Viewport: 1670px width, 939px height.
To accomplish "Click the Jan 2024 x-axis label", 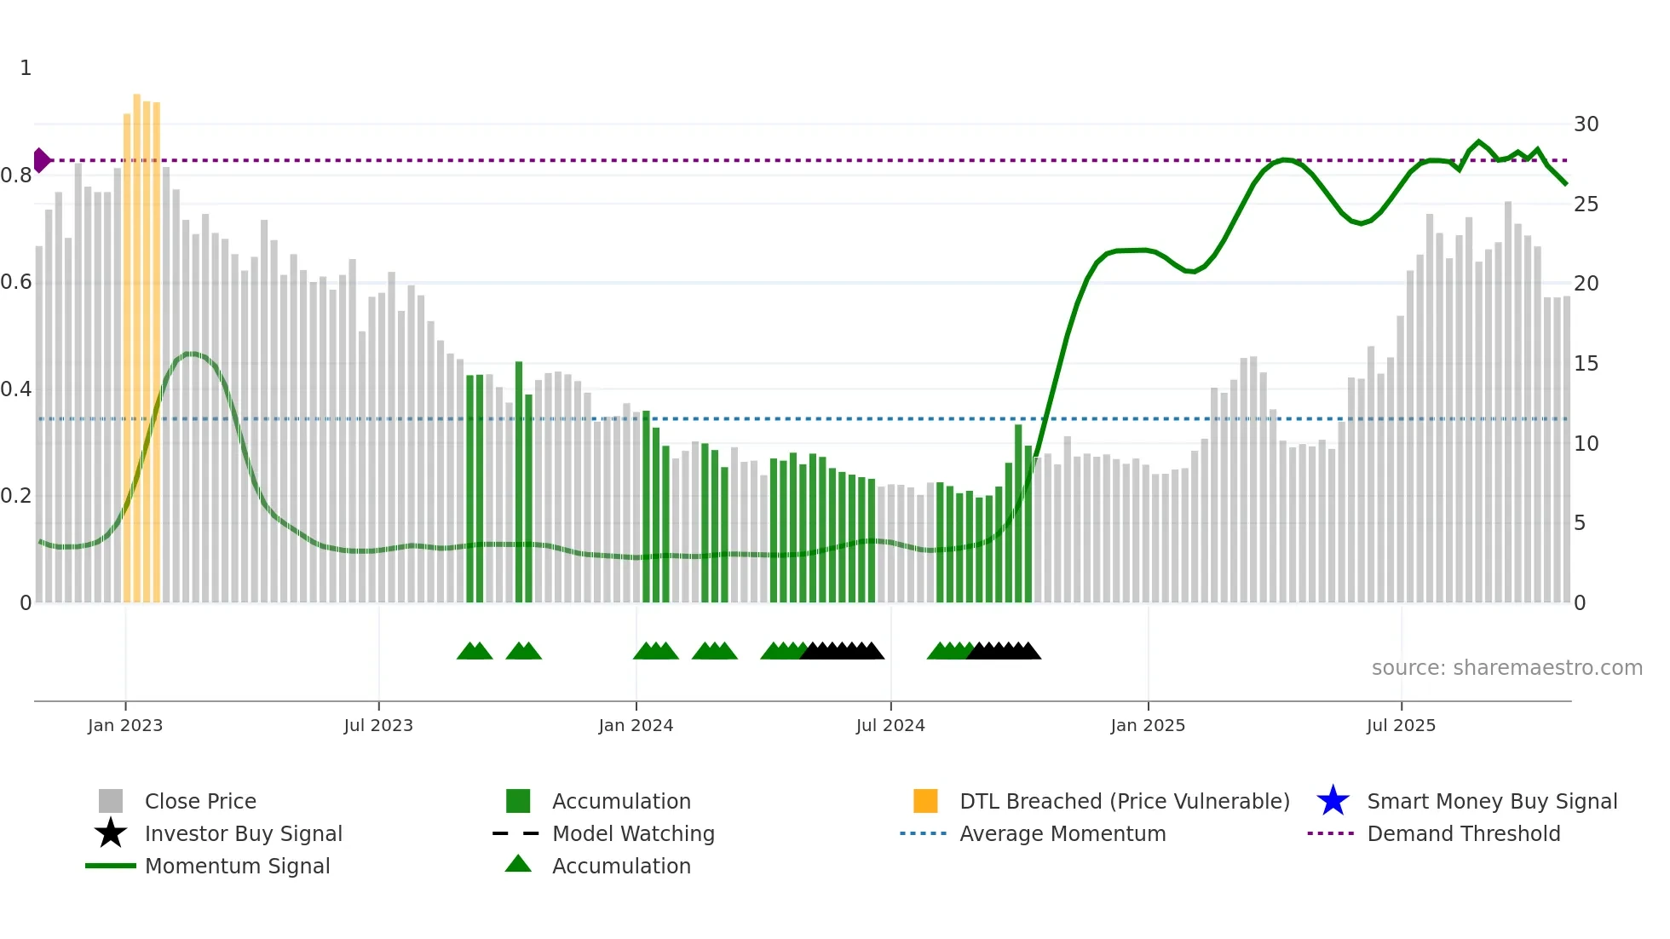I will click(636, 725).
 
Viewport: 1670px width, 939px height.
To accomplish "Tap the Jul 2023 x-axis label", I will click(378, 725).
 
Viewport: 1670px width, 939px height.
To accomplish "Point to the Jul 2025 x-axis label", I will click(1401, 725).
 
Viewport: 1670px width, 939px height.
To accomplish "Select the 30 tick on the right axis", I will click(1586, 124).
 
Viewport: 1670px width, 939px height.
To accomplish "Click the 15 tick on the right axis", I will click(1586, 364).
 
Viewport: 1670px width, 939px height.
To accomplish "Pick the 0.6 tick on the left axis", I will click(16, 282).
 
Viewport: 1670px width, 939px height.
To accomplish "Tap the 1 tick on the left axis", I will click(26, 68).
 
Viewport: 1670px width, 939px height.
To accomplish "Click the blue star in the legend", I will click(1333, 801).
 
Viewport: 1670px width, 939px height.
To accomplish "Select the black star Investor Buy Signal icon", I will click(111, 833).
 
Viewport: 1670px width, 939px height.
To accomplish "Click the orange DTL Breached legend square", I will click(925, 801).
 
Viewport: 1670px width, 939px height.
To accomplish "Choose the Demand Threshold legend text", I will click(1463, 833).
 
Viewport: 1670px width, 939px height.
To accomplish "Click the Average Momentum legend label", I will click(1062, 833).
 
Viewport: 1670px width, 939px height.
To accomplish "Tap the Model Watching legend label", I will click(633, 833).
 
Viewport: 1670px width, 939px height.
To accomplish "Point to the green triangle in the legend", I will click(518, 864).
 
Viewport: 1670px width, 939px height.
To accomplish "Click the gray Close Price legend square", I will click(111, 801).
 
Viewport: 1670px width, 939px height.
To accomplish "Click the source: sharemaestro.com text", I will click(1506, 668).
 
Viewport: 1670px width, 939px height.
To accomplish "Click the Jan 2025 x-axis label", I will click(1148, 725).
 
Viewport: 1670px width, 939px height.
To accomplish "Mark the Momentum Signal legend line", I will click(111, 866).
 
